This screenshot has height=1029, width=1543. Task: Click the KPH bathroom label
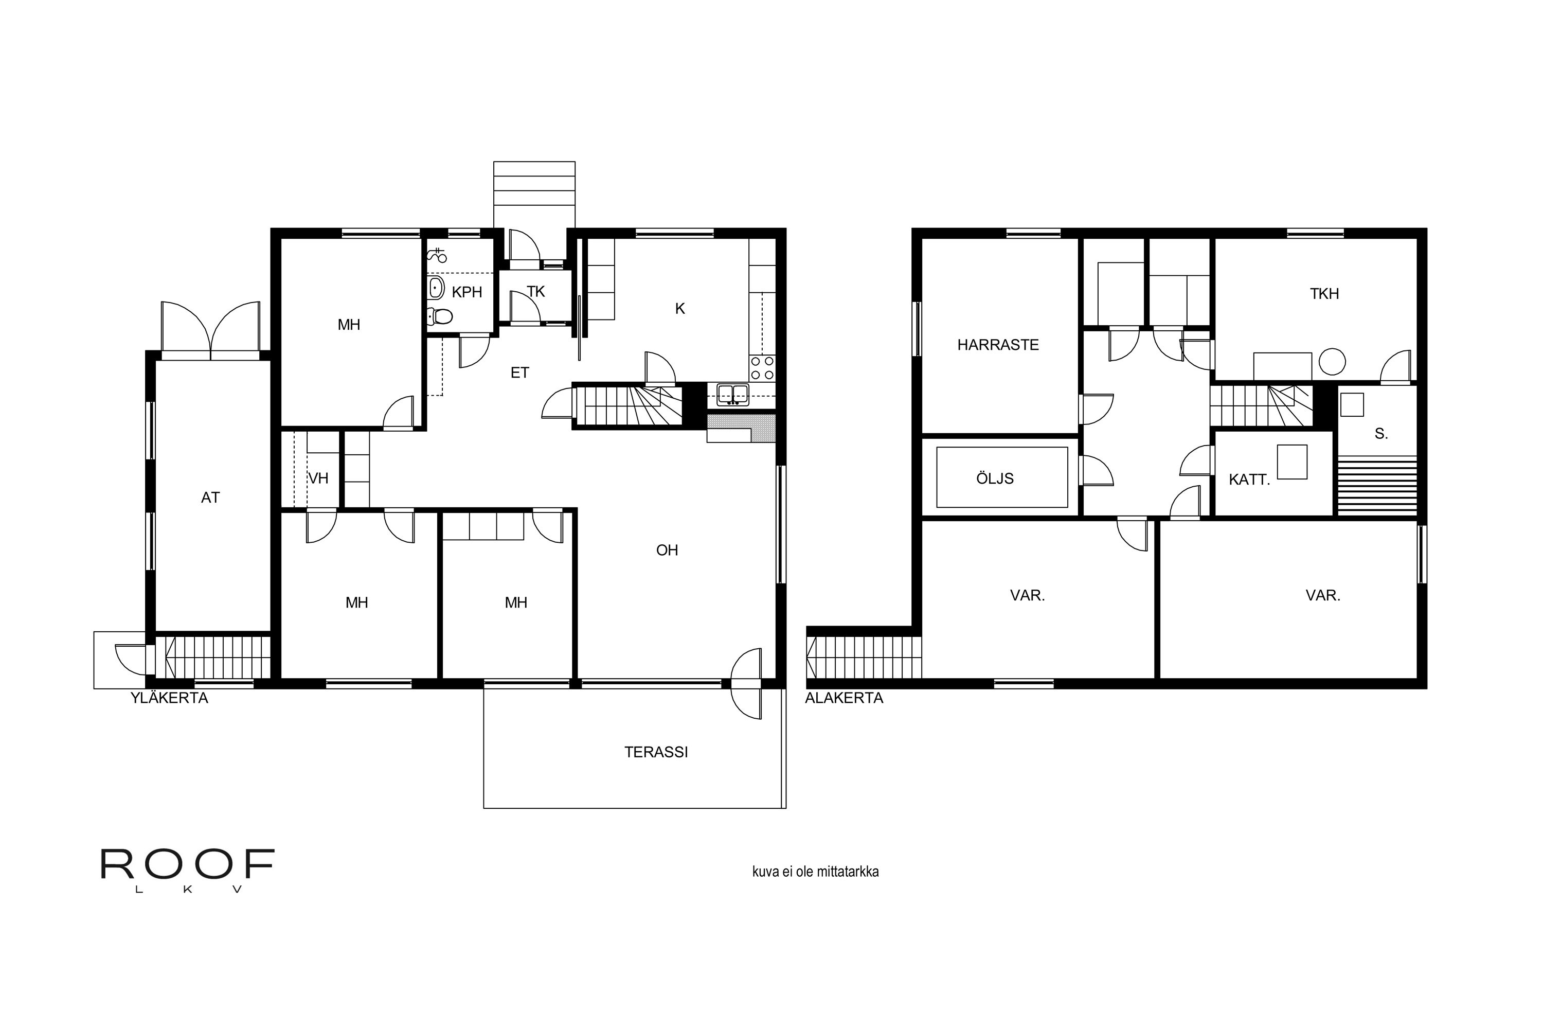467,292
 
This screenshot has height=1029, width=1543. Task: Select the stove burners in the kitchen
762,368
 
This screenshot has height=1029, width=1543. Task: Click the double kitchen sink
733,395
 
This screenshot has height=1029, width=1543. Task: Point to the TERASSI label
656,752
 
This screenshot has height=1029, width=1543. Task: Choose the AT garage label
210,498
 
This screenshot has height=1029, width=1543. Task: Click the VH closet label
318,478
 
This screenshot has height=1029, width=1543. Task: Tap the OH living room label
667,550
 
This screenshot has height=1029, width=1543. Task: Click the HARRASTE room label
998,345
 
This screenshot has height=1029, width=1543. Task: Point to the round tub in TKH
1333,361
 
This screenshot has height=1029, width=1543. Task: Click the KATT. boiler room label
1249,480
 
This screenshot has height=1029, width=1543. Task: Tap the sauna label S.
1381,434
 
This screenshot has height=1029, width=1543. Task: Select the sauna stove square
1352,404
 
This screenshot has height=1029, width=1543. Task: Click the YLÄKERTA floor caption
169,698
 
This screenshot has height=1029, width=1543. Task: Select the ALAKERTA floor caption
845,698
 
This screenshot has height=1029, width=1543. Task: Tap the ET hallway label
519,372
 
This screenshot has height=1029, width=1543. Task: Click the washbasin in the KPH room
436,288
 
